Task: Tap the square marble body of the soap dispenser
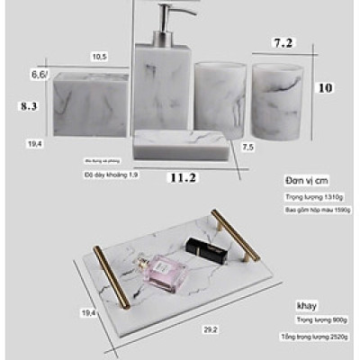[165, 85]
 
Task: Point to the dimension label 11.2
[183, 177]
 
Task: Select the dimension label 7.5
[248, 146]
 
